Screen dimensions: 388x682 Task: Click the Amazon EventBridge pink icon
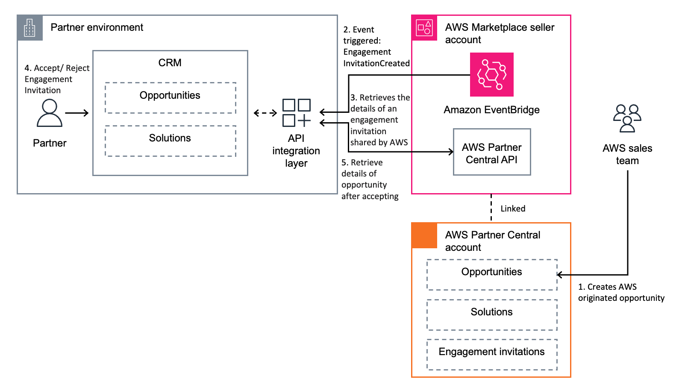coord(491,74)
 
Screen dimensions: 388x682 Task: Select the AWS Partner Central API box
coord(491,152)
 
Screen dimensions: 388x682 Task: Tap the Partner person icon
coord(50,113)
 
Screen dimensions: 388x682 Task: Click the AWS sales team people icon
coord(627,118)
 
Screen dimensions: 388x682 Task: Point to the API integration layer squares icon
coord(297,113)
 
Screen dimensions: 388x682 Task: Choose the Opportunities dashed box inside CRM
coord(170,98)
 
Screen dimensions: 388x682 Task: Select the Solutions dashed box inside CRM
coord(170,141)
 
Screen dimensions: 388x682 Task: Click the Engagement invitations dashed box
coord(491,354)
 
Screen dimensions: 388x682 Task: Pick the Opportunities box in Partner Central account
coord(491,274)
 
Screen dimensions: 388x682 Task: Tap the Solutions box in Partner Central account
coord(491,315)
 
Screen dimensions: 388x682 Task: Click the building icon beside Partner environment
coord(30,28)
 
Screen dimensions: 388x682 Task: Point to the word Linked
coord(513,209)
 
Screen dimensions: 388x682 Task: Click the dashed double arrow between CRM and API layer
coord(265,113)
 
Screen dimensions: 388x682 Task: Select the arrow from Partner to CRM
coord(77,113)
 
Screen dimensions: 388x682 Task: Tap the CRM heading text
coord(170,63)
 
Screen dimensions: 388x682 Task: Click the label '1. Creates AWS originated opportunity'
coord(621,292)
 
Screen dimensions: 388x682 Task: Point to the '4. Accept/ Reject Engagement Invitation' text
coord(56,79)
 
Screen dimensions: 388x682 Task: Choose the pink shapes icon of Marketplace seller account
coord(424,28)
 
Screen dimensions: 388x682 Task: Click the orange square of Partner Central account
coord(424,235)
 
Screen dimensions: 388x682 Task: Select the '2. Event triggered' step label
coord(376,46)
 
